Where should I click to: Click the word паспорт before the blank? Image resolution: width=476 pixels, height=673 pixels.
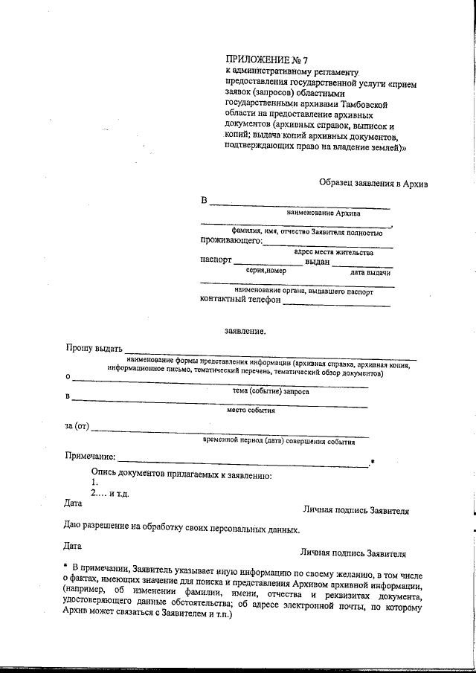(x=216, y=261)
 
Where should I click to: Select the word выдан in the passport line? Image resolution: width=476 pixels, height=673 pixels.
(x=318, y=262)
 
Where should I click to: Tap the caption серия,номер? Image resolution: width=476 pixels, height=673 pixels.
(x=266, y=271)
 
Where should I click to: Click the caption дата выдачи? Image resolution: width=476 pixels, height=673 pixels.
(x=370, y=273)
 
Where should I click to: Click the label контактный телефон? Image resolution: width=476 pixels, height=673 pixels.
(x=240, y=299)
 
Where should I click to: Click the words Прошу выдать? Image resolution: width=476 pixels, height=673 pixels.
(x=93, y=348)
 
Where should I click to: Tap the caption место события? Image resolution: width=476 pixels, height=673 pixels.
(x=251, y=410)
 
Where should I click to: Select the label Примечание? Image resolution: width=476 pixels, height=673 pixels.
(x=91, y=455)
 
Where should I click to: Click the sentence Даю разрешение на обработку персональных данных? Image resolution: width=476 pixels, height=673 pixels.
(x=182, y=529)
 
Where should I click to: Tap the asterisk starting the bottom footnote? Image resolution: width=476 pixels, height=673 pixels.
(x=66, y=567)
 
